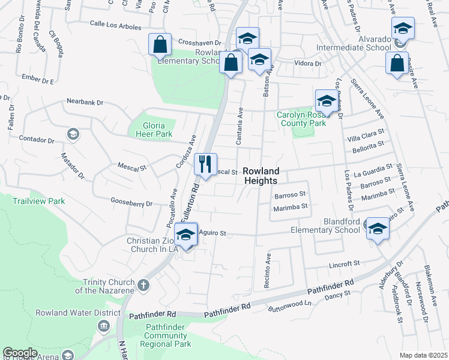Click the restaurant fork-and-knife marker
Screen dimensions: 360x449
click(x=205, y=164)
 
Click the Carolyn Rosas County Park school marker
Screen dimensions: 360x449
click(x=325, y=101)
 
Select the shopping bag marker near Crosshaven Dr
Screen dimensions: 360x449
click(x=160, y=44)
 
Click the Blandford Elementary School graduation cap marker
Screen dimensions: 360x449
click(x=378, y=229)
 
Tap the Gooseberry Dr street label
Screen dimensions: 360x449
click(x=131, y=204)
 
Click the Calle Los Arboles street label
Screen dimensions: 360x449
click(x=115, y=27)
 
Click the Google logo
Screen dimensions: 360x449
click(x=20, y=353)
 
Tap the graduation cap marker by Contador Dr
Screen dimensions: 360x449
click(x=73, y=133)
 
